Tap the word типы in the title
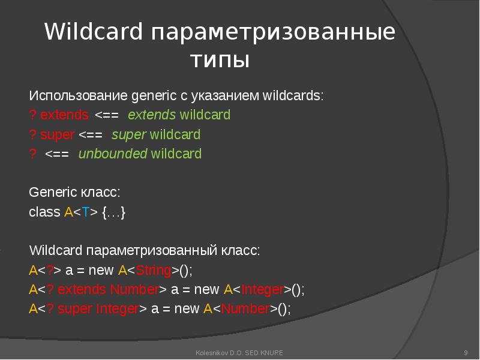219,60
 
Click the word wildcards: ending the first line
293,95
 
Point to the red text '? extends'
59,115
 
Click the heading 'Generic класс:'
74,193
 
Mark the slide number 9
466,352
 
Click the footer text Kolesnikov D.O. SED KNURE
239,352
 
